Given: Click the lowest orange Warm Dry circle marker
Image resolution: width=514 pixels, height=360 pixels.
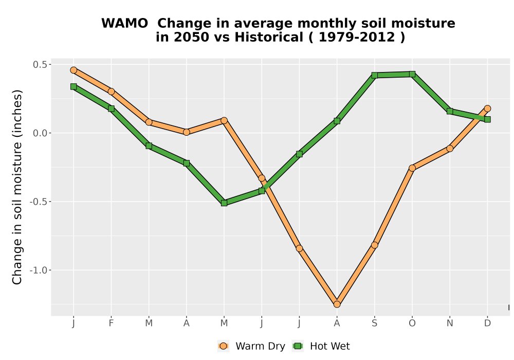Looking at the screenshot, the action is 337,304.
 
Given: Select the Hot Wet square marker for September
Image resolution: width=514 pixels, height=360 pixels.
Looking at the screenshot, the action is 375,76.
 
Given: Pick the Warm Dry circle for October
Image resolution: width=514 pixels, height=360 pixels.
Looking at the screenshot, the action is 412,168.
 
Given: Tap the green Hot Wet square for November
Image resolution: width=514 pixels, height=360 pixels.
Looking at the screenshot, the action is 450,112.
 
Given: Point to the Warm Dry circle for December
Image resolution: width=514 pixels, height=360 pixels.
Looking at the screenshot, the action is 487,109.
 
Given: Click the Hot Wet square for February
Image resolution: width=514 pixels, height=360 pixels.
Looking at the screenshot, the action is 111,109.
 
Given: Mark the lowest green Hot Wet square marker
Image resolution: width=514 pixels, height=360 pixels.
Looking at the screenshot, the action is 224,203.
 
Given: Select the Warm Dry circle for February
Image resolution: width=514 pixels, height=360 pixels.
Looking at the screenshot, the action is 111,92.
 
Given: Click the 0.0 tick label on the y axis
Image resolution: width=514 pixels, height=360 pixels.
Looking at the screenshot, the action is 40,133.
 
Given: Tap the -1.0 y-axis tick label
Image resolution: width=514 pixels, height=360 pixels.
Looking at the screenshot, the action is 39,270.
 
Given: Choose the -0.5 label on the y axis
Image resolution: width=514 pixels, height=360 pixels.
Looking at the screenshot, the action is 39,202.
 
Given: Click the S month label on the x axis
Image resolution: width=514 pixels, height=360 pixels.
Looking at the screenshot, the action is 374,323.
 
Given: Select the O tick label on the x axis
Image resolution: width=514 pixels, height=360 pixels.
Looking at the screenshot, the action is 412,323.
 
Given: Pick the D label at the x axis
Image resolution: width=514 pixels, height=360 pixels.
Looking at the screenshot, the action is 487,323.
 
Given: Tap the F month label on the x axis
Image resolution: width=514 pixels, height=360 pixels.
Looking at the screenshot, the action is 111,323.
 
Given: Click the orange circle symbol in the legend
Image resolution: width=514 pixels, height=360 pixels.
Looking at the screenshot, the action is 223,346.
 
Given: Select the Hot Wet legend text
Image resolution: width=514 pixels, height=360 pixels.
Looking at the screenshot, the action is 330,346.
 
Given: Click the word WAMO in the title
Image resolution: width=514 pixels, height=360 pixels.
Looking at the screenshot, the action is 124,23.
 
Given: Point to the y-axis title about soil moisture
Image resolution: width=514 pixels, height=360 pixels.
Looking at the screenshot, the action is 17,187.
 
